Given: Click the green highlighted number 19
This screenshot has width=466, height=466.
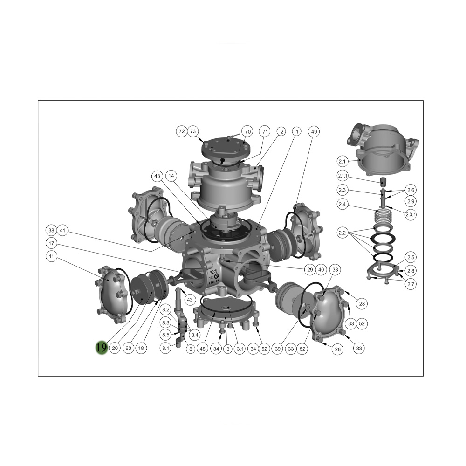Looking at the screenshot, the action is coord(101,347).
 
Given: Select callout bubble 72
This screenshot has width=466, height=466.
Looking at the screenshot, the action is coord(182,131).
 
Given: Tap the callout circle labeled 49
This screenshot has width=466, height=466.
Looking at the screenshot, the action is coord(314,132).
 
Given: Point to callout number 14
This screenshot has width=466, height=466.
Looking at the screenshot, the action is coord(171,176).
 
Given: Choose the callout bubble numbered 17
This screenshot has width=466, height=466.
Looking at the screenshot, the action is coord(51,243).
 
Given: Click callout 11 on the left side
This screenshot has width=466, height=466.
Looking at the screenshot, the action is coord(51,256).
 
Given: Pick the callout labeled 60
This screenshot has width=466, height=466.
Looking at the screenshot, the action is coord(129,348).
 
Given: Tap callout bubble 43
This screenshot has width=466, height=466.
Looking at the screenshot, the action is coord(190,300).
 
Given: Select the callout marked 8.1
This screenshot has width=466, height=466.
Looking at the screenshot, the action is coord(165,348).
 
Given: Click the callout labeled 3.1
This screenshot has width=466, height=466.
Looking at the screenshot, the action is coord(240,349).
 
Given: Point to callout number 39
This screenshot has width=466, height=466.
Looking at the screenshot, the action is coord(278,349).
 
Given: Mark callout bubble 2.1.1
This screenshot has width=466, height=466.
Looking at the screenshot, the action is coord(343,176).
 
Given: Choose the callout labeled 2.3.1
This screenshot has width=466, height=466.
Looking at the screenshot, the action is coord(411,214).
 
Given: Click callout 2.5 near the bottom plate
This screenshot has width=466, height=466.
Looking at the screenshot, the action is coord(411,257).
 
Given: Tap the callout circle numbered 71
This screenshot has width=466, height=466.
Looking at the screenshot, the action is coord(265,131).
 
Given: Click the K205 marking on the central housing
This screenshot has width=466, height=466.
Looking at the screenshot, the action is coord(213,272).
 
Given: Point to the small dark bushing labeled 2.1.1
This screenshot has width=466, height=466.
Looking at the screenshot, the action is coord(384,181).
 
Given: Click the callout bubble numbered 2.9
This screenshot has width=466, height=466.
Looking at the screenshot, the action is coord(411,201).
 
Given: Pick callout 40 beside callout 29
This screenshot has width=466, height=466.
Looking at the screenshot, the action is coord(321,269).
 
